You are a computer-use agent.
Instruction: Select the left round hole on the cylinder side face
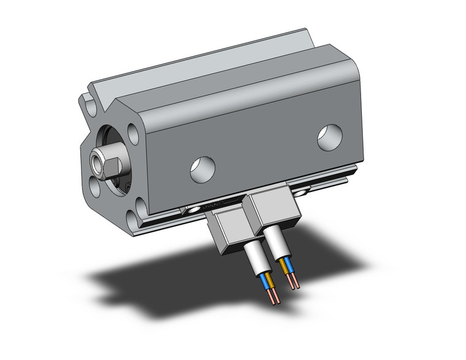point(202,168)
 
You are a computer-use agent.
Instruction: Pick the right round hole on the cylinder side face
point(329,137)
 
